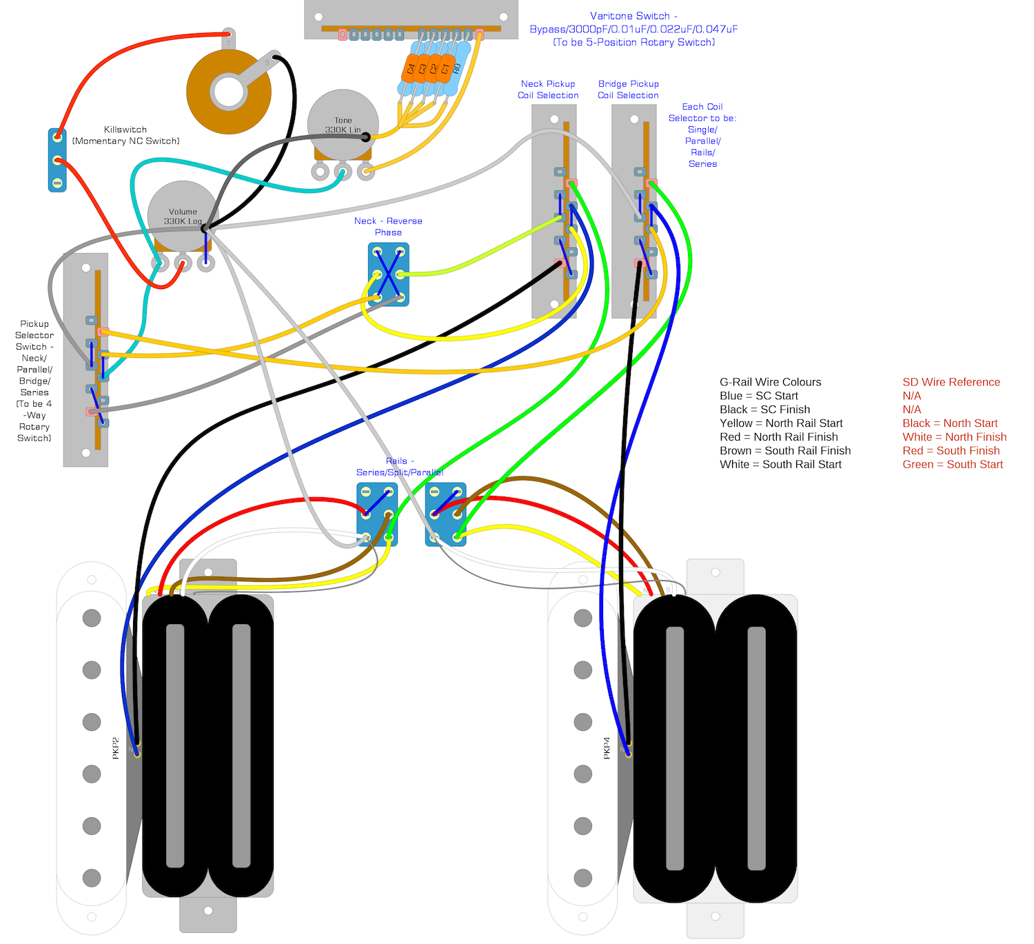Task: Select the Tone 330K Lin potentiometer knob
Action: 343,124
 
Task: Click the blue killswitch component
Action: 57,160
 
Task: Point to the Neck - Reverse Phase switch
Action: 389,274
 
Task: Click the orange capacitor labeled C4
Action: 411,69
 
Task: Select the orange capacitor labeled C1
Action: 445,69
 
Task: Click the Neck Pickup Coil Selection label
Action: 548,90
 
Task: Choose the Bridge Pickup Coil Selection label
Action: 628,90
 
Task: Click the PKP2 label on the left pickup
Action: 116,748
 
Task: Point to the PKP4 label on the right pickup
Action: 607,748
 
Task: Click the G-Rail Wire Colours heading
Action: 770,382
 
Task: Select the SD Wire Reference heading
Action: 951,382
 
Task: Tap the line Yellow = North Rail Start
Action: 781,423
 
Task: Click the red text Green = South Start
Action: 952,465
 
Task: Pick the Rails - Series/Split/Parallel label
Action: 399,467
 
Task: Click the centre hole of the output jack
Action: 228,92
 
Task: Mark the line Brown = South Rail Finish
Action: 784,451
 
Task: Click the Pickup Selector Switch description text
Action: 34,381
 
